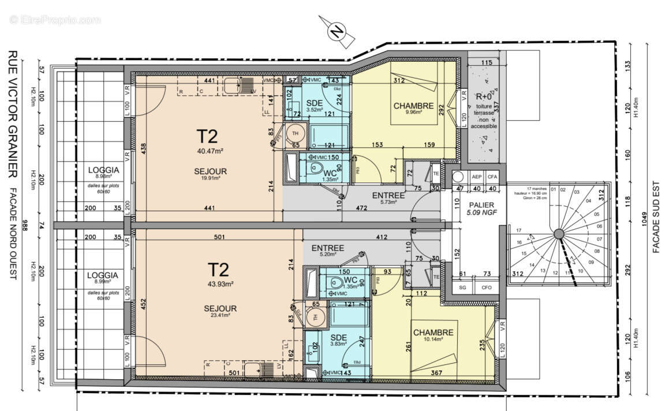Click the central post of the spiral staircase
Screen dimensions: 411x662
click(x=558, y=234)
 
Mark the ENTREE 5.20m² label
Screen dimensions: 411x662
click(x=327, y=251)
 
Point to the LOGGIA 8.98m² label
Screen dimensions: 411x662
click(x=103, y=173)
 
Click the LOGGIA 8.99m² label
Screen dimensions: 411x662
click(x=103, y=279)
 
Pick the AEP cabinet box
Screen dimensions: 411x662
click(x=477, y=177)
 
